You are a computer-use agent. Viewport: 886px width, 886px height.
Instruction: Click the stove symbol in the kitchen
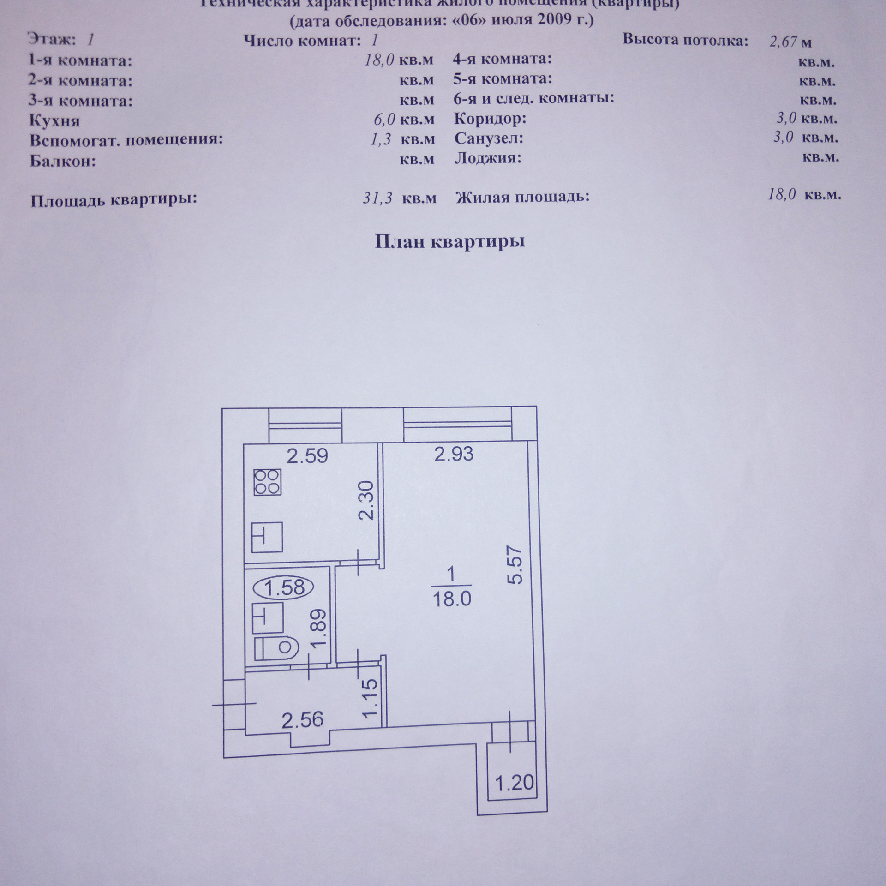tap(267, 482)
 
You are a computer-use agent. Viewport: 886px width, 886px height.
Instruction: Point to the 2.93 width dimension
tap(454, 454)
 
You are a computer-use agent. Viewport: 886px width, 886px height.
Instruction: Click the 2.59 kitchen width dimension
tap(307, 456)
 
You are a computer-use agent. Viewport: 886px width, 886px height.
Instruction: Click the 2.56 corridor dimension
tap(303, 719)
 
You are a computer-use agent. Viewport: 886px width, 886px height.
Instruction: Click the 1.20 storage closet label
tap(515, 782)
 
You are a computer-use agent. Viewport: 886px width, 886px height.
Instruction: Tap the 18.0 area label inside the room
tap(452, 599)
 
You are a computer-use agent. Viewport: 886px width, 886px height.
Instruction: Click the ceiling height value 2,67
tap(783, 42)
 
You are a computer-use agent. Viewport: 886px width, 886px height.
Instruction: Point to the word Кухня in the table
tap(54, 121)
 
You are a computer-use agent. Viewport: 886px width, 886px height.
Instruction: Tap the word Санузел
tap(489, 138)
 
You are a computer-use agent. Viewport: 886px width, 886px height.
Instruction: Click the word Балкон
tap(62, 162)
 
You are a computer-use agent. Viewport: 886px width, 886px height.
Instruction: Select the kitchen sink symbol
tap(267, 537)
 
